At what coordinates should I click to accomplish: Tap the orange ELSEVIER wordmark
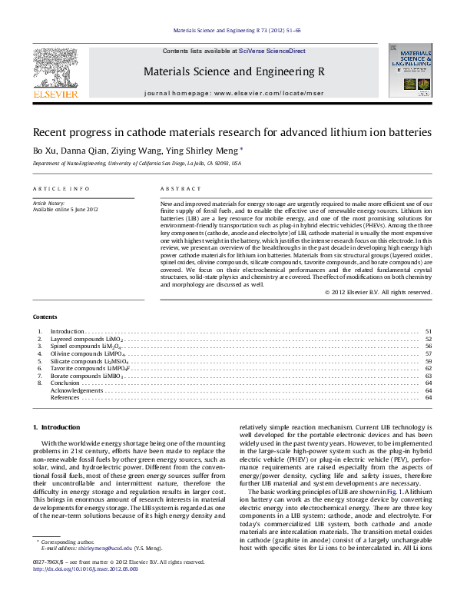click(x=55, y=94)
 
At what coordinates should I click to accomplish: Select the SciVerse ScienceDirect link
click(x=272, y=51)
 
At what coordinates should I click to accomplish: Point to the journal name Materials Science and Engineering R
click(x=233, y=71)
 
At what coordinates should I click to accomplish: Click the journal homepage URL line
click(x=233, y=92)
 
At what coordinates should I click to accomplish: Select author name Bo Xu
click(x=42, y=151)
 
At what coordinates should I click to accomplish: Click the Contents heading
click(x=44, y=317)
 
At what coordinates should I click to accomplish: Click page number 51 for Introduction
click(x=428, y=332)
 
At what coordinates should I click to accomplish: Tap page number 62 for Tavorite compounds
click(x=428, y=368)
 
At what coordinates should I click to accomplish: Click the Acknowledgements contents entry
click(x=77, y=390)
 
